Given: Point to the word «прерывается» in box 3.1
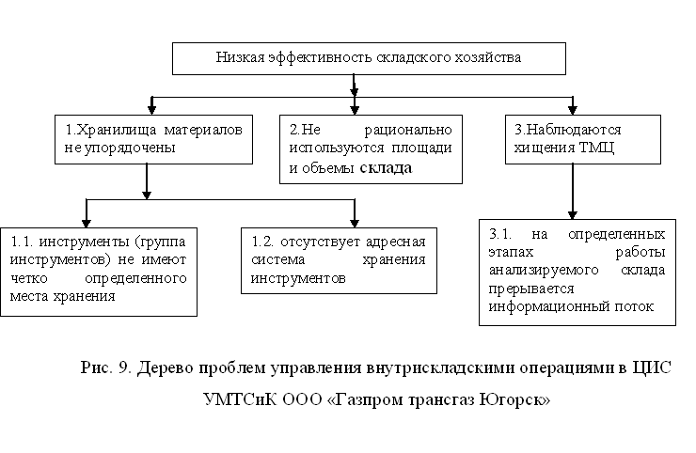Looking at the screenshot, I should (530, 290).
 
